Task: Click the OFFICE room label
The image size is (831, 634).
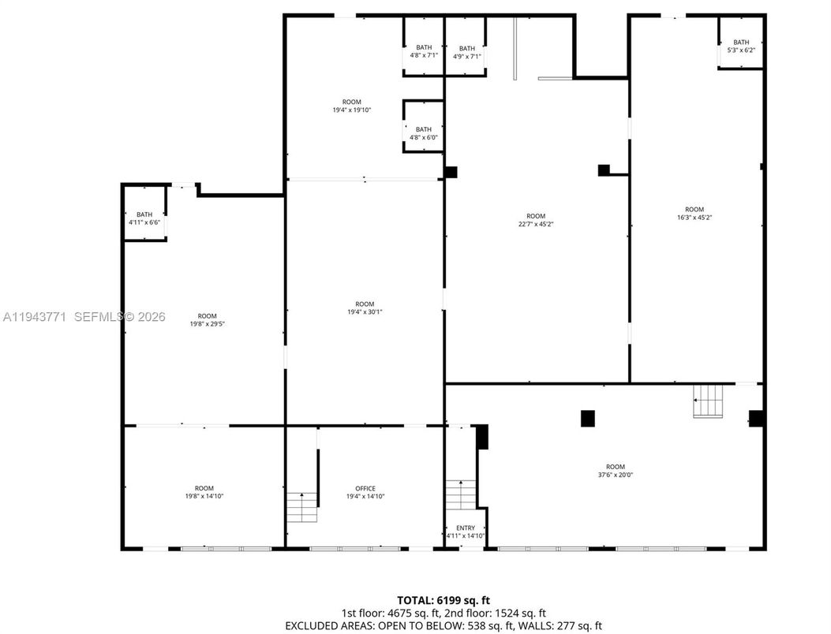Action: (365, 488)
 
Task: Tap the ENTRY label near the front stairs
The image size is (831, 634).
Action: (466, 528)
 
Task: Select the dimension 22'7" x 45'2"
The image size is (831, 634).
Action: (536, 224)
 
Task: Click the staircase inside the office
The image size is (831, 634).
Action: (301, 506)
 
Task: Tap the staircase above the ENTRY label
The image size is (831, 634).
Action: (460, 494)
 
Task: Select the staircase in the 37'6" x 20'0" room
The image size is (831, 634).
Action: (708, 401)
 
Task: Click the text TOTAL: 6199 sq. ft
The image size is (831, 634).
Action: (448, 601)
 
